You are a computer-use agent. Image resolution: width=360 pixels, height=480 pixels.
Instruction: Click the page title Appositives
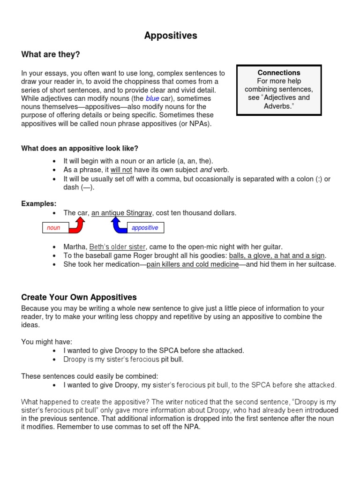(x=171, y=36)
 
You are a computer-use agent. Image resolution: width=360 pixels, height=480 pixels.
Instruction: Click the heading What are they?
(x=51, y=55)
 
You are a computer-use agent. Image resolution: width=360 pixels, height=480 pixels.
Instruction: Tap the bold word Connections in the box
(x=279, y=73)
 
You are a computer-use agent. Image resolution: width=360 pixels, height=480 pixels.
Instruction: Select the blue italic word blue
(x=152, y=98)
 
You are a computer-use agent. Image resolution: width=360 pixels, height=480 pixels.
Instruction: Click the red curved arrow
(x=77, y=225)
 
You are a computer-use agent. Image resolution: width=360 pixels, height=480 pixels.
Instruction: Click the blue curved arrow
(x=119, y=225)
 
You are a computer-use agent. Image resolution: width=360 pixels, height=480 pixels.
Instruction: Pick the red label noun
(x=53, y=228)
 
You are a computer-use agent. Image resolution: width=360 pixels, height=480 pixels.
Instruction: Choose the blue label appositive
(x=145, y=228)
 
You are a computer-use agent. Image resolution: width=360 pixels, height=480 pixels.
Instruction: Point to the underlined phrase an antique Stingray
(x=121, y=213)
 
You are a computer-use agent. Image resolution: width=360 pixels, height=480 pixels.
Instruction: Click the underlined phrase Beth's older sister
(x=118, y=247)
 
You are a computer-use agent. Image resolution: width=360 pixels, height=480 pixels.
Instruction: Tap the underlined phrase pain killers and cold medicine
(x=193, y=264)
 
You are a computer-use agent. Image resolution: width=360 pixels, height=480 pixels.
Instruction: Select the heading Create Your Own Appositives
(x=79, y=297)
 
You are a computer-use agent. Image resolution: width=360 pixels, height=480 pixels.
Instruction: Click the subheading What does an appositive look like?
(x=80, y=149)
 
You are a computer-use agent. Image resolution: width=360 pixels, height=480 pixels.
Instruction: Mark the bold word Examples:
(x=39, y=203)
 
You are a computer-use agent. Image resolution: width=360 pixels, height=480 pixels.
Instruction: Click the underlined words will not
(x=121, y=170)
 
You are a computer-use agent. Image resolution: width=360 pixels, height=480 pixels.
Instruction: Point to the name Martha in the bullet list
(x=75, y=247)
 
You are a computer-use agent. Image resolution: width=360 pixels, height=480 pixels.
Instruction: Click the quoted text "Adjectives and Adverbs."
(x=279, y=102)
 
